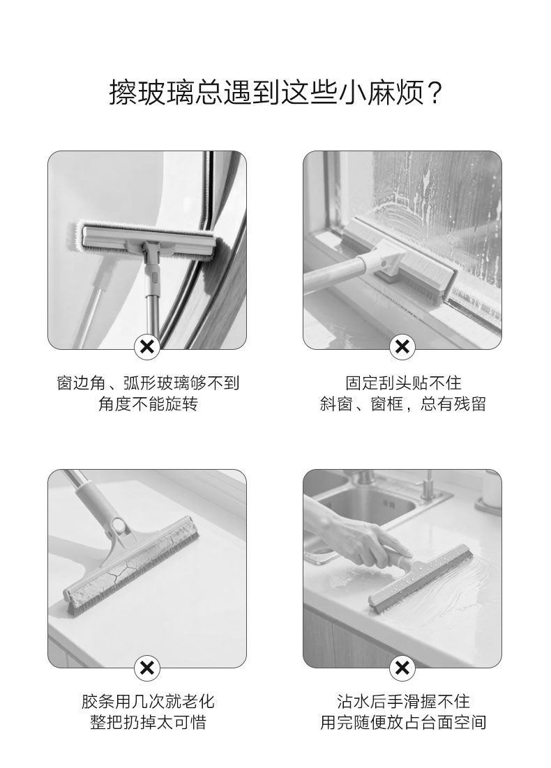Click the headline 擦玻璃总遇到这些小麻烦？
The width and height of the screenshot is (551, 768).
coord(275,92)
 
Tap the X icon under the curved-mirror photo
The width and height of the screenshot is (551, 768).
coord(147,347)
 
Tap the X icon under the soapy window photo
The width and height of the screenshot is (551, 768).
coord(402,347)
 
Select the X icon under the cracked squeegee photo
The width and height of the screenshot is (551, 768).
coord(147,668)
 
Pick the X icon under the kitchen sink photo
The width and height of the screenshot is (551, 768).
coord(402,668)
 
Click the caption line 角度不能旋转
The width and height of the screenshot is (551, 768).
coord(148,404)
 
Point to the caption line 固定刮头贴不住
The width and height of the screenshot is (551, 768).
coord(403,383)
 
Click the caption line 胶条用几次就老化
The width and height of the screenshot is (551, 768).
coord(148,701)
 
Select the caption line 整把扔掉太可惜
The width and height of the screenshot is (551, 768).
coord(148,722)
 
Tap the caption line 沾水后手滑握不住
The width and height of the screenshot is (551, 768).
coord(403,701)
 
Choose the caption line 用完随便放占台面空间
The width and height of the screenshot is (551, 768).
coord(403,722)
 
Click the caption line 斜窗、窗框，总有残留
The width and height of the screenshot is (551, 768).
coord(403,404)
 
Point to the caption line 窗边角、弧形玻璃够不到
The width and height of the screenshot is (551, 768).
coord(148,383)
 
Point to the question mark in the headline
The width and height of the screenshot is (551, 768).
coord(434,93)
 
